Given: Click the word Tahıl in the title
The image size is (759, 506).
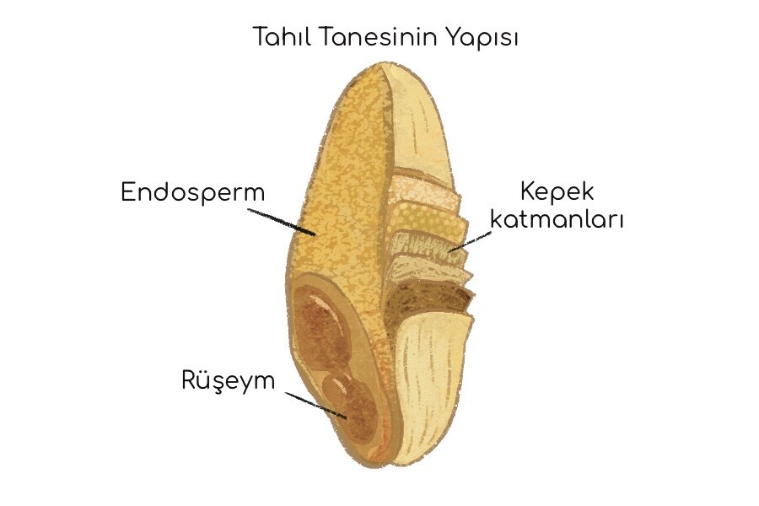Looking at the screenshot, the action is tap(283, 37).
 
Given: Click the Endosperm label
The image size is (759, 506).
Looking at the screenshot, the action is tap(192, 192).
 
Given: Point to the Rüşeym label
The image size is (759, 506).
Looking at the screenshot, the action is tap(228, 380).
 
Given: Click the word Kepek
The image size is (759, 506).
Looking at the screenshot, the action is tap(557, 192).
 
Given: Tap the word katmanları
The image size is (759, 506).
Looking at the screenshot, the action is tap(557, 219).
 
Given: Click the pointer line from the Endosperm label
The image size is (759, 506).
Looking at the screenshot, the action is tap(282, 223).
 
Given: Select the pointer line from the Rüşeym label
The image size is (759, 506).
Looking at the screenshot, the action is tap(316, 406).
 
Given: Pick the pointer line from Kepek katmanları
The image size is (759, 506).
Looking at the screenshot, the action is tap(470, 241).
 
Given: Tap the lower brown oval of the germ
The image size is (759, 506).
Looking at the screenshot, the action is tap(350, 406).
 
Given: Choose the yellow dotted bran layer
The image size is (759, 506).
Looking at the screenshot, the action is tap(427, 217).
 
